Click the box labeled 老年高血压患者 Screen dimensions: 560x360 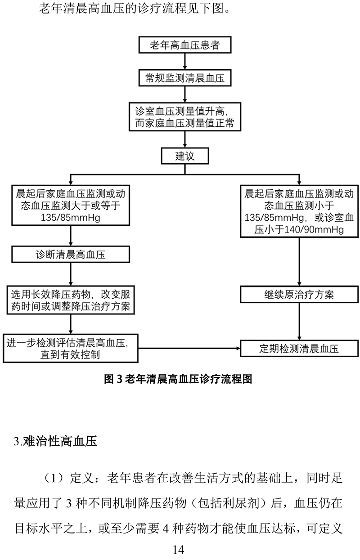[184, 45]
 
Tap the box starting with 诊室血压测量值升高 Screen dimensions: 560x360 [184, 117]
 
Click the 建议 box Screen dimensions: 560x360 [184, 156]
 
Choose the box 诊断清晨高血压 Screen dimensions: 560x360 [71, 255]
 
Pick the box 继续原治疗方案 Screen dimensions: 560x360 [299, 294]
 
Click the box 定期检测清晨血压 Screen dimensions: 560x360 [299, 349]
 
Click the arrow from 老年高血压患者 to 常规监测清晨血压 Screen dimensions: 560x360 [184, 61]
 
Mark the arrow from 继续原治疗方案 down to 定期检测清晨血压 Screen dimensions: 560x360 [299, 321]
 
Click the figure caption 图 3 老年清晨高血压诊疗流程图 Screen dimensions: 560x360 [178, 378]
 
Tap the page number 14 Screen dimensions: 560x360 [179, 549]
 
